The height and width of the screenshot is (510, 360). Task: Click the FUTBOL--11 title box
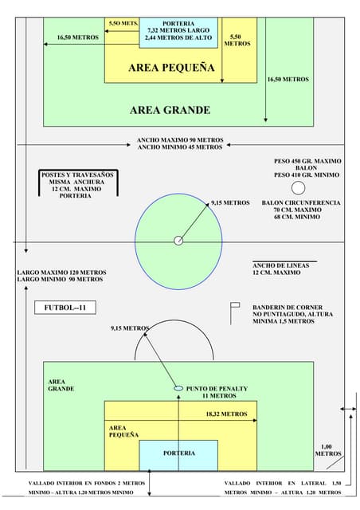(x=65, y=308)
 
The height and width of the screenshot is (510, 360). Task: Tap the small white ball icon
(x=298, y=188)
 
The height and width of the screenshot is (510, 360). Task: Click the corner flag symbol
(x=235, y=313)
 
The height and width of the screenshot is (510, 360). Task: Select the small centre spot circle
(x=178, y=241)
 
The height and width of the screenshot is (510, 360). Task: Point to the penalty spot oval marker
(x=178, y=388)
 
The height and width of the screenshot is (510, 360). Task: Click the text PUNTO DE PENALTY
(x=217, y=389)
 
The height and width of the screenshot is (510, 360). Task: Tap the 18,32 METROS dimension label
(x=226, y=414)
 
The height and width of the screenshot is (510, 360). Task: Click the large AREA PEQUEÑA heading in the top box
(x=171, y=67)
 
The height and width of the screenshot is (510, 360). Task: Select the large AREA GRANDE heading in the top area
(x=170, y=110)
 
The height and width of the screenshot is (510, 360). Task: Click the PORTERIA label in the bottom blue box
(x=179, y=453)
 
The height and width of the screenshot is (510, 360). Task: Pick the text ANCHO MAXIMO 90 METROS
(x=180, y=140)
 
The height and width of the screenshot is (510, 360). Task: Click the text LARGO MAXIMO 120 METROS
(x=62, y=273)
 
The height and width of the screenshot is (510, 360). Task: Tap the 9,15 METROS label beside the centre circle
(x=230, y=202)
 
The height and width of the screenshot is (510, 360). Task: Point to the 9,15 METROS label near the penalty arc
(x=130, y=328)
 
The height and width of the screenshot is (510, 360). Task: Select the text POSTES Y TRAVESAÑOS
(x=77, y=175)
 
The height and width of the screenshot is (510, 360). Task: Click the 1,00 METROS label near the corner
(x=328, y=450)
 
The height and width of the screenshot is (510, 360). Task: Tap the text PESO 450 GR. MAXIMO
(x=307, y=161)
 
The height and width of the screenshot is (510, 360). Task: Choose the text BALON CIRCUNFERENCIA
(x=301, y=202)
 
